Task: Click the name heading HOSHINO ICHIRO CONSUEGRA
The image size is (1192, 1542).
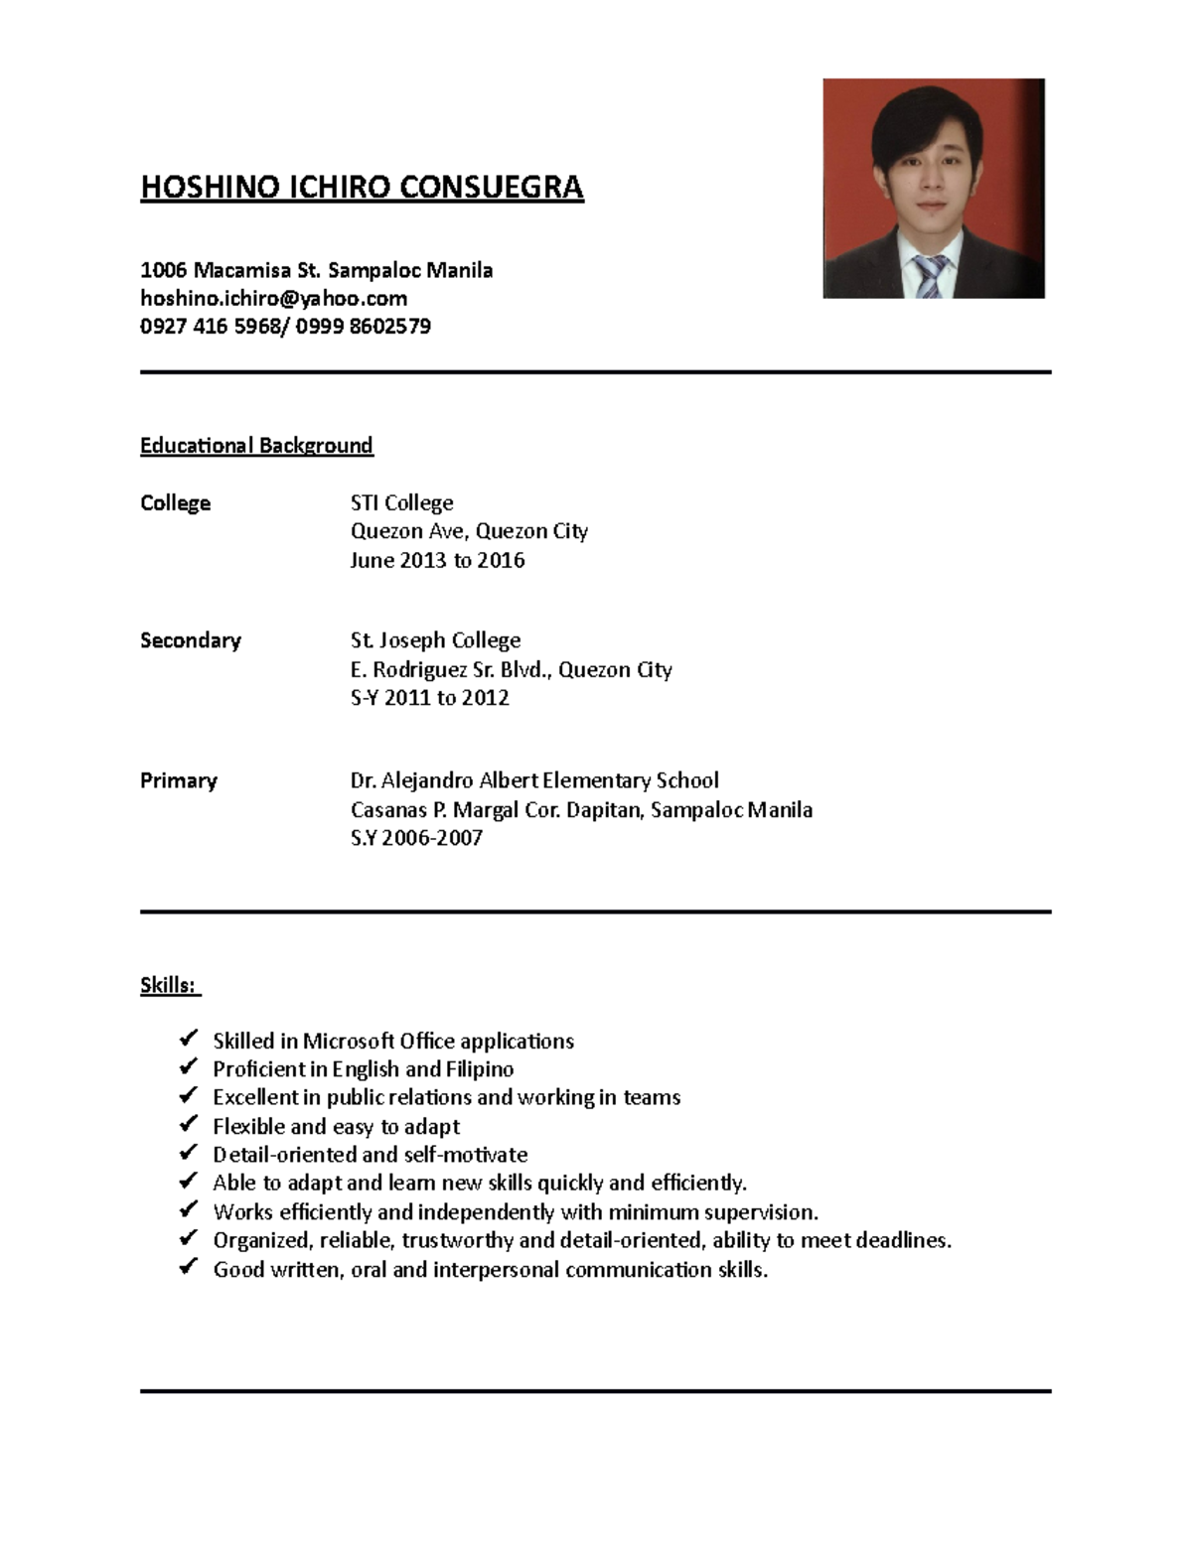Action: pyautogui.click(x=362, y=187)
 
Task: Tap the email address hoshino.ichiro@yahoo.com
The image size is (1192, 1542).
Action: pyautogui.click(x=273, y=298)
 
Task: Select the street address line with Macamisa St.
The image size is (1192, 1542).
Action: pyautogui.click(x=316, y=270)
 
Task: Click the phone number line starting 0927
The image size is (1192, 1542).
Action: pyautogui.click(x=285, y=327)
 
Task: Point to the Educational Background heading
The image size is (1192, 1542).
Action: pyautogui.click(x=256, y=445)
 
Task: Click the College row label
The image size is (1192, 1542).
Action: pyautogui.click(x=175, y=503)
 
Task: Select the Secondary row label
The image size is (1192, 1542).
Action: pyautogui.click(x=190, y=640)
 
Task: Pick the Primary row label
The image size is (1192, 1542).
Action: pyautogui.click(x=178, y=780)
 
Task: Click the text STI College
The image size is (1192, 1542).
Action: pyautogui.click(x=401, y=503)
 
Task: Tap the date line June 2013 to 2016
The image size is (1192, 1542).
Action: pyautogui.click(x=437, y=560)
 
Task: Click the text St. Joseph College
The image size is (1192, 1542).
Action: pyautogui.click(x=435, y=640)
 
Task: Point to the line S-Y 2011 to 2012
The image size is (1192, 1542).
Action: pyautogui.click(x=429, y=698)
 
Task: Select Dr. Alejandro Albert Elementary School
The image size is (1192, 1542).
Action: pyautogui.click(x=533, y=780)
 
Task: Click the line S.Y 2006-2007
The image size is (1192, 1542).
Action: pyautogui.click(x=416, y=838)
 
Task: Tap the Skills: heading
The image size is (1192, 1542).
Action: pyautogui.click(x=169, y=985)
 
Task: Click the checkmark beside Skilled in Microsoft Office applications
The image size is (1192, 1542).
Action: pyautogui.click(x=188, y=1040)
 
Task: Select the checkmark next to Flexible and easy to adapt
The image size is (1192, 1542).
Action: pyautogui.click(x=188, y=1125)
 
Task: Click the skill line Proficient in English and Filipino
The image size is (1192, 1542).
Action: pyautogui.click(x=363, y=1069)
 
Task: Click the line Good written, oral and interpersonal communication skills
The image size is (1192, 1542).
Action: pyautogui.click(x=490, y=1270)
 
